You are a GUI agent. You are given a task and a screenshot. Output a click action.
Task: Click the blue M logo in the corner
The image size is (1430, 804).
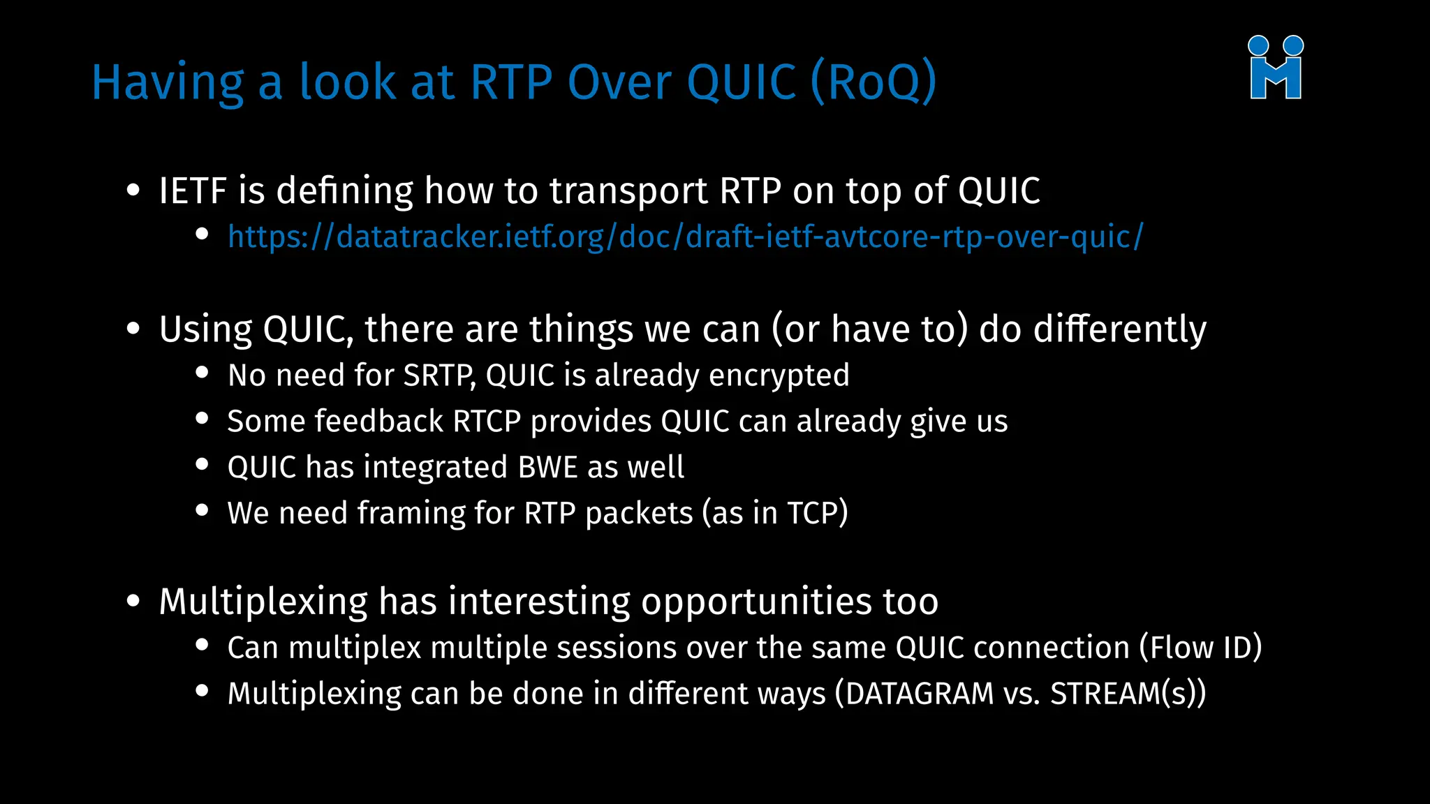1276,68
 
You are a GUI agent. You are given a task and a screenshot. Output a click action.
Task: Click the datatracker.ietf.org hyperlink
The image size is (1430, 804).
685,237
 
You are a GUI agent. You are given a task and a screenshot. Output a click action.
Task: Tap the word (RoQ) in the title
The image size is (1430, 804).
874,82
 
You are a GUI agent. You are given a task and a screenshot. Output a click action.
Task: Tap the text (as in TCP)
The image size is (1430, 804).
774,514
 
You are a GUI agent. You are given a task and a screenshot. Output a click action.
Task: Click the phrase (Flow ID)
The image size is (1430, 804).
1200,648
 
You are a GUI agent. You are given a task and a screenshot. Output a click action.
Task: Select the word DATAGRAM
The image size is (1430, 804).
919,694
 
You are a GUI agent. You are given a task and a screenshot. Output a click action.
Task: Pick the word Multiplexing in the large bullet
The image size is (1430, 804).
263,602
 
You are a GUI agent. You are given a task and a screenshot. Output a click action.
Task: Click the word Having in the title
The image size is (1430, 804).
168,82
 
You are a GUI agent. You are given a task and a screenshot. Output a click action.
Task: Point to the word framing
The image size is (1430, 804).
411,514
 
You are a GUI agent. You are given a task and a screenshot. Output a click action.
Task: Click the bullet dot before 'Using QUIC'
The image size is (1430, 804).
133,329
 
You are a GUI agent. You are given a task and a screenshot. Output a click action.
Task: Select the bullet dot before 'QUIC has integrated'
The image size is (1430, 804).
202,465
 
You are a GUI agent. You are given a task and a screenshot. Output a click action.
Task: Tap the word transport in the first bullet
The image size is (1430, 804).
628,191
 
